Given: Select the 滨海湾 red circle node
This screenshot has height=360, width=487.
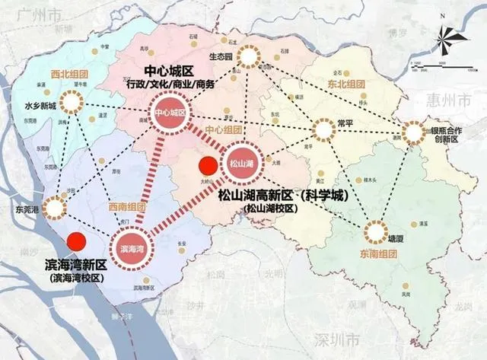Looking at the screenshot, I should (134, 248).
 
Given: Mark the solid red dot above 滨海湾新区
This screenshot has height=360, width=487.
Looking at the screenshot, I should (75, 243).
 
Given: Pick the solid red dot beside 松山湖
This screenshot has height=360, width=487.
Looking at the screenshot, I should (206, 165).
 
